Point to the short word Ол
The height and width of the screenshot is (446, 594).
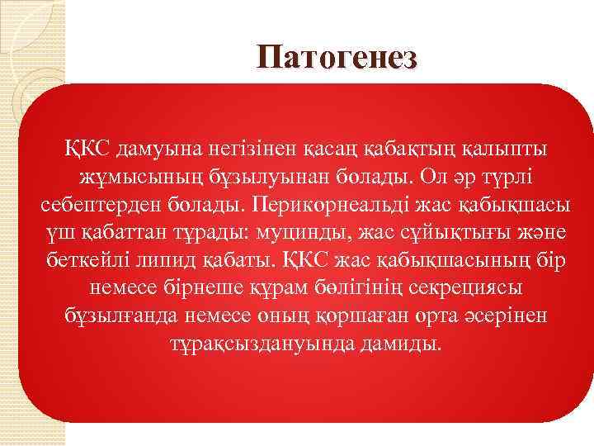[432, 176]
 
